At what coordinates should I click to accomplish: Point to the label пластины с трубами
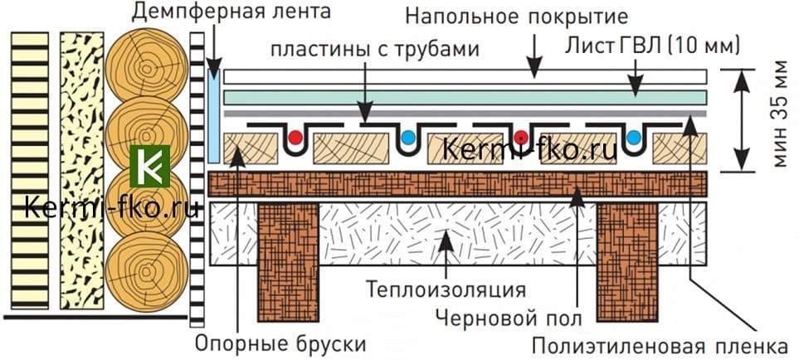pos(376,49)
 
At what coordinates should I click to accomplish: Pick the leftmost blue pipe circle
pos(409,138)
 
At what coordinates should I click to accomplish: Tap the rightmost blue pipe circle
pos(635,138)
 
